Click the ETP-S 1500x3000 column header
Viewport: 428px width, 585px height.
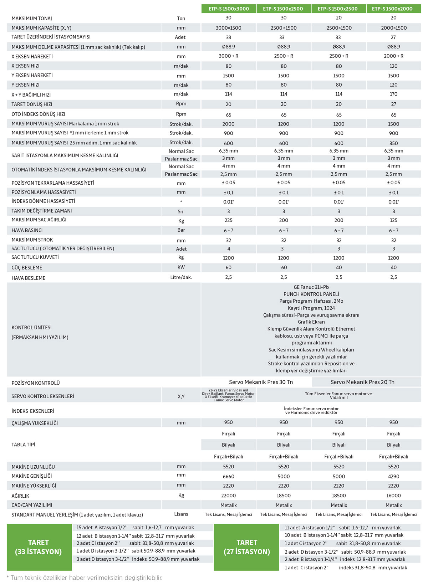click(x=229, y=9)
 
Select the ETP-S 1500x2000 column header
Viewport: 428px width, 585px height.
click(x=393, y=9)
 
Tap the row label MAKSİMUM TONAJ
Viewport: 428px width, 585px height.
click(x=32, y=19)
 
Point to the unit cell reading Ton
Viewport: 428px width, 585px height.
click(x=181, y=19)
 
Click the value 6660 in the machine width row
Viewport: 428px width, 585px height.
click(x=229, y=476)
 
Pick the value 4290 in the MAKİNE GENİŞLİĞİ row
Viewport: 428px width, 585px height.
click(x=393, y=476)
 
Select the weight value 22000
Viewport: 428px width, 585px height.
click(x=229, y=496)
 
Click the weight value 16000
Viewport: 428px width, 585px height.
click(x=393, y=496)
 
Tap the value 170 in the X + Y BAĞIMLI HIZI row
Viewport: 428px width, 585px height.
click(x=393, y=94)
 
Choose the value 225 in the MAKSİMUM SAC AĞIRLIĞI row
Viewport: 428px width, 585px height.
click(x=229, y=220)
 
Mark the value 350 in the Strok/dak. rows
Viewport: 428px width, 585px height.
click(x=393, y=143)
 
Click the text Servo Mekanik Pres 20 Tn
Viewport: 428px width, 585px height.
click(x=362, y=382)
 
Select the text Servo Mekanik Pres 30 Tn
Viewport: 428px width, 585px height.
click(x=261, y=382)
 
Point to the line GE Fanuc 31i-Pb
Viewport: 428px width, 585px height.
click(x=311, y=287)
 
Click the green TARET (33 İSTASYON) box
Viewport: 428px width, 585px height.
click(x=39, y=547)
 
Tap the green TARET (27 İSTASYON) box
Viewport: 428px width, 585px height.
click(x=246, y=547)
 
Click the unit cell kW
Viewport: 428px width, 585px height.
click(x=181, y=267)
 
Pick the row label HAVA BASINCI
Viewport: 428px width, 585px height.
click(x=27, y=230)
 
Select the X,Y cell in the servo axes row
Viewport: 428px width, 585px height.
click(x=181, y=396)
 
